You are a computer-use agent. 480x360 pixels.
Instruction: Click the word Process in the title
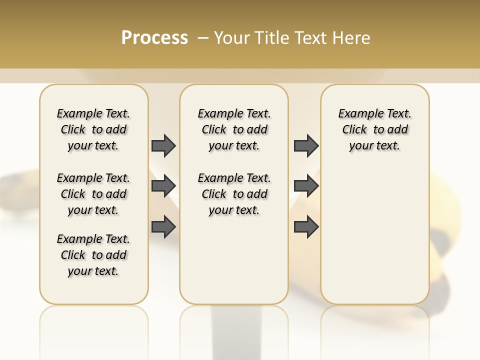pyautogui.click(x=154, y=38)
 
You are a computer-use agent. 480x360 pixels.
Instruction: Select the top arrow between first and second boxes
pyautogui.click(x=163, y=145)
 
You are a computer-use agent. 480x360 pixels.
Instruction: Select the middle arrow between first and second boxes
pyautogui.click(x=163, y=186)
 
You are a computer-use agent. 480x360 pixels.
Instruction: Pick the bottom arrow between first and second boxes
pyautogui.click(x=163, y=227)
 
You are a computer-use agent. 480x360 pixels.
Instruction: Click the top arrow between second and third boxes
pyautogui.click(x=306, y=145)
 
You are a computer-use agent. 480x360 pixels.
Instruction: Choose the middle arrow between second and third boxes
pyautogui.click(x=306, y=186)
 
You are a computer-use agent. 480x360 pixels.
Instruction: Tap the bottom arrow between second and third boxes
pyautogui.click(x=306, y=227)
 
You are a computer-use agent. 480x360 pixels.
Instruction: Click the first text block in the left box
pyautogui.click(x=93, y=129)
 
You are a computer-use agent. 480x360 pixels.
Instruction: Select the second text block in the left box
pyautogui.click(x=93, y=194)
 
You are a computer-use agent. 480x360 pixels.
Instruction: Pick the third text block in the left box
pyautogui.click(x=93, y=255)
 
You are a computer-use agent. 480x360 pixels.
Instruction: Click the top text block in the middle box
pyautogui.click(x=234, y=129)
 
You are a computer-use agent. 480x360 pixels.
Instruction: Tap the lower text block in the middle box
pyautogui.click(x=234, y=194)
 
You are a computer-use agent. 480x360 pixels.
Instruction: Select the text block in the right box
pyautogui.click(x=374, y=129)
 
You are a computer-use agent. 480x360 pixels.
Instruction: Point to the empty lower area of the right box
pyautogui.click(x=374, y=235)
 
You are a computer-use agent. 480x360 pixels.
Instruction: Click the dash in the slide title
pyautogui.click(x=202, y=38)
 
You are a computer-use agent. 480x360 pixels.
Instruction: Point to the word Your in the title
pyautogui.click(x=231, y=38)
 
